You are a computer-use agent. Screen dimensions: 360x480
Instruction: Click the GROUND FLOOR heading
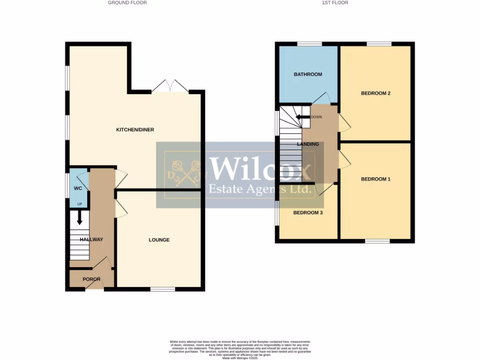tap(127, 3)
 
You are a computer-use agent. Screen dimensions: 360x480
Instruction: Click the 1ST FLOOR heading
tap(335, 3)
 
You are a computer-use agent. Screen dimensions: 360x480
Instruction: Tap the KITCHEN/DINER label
tap(135, 130)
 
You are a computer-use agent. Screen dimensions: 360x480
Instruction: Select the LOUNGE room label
tap(159, 240)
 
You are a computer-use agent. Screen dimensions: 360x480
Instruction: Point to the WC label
tap(78, 188)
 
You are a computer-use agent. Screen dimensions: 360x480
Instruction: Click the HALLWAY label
tap(91, 240)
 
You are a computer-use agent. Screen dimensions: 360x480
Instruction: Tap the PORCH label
tap(91, 279)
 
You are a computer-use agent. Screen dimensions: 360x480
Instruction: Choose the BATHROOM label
tap(308, 75)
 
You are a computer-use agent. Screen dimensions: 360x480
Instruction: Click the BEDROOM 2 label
tap(375, 93)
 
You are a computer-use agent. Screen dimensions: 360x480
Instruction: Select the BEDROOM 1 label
tap(375, 179)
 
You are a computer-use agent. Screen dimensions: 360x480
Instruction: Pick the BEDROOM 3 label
tap(308, 213)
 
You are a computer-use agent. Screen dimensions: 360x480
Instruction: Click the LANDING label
tap(308, 144)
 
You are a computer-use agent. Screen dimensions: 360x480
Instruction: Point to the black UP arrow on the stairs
tap(79, 217)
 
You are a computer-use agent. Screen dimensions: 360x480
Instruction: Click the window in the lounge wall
tap(163, 289)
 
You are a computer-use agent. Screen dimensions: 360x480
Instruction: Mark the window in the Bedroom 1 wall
tap(377, 241)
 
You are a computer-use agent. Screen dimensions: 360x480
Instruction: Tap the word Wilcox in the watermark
tap(260, 169)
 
